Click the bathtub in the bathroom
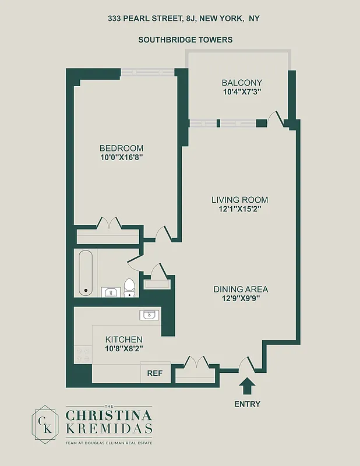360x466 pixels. pyautogui.click(x=86, y=272)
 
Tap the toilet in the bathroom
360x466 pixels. pyautogui.click(x=129, y=287)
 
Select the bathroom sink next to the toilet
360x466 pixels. pyautogui.click(x=110, y=291)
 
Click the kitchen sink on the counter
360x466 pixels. pyautogui.click(x=149, y=315)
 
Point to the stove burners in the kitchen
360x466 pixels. pyautogui.click(x=83, y=352)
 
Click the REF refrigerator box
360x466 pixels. pyautogui.click(x=154, y=373)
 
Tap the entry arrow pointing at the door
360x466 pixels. pyautogui.click(x=247, y=387)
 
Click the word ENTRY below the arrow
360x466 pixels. pyautogui.click(x=247, y=404)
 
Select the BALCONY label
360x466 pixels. pyautogui.click(x=242, y=83)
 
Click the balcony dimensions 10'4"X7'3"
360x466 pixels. pyautogui.click(x=242, y=92)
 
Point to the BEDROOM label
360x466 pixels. pyautogui.click(x=121, y=148)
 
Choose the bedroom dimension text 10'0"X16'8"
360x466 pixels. pyautogui.click(x=121, y=157)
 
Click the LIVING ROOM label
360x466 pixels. pyautogui.click(x=239, y=200)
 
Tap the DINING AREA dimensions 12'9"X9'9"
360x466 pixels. pyautogui.click(x=241, y=298)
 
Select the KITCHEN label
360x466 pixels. pyautogui.click(x=124, y=339)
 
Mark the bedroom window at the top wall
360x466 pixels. pyautogui.click(x=148, y=73)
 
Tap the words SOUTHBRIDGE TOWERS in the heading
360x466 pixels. pyautogui.click(x=185, y=40)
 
